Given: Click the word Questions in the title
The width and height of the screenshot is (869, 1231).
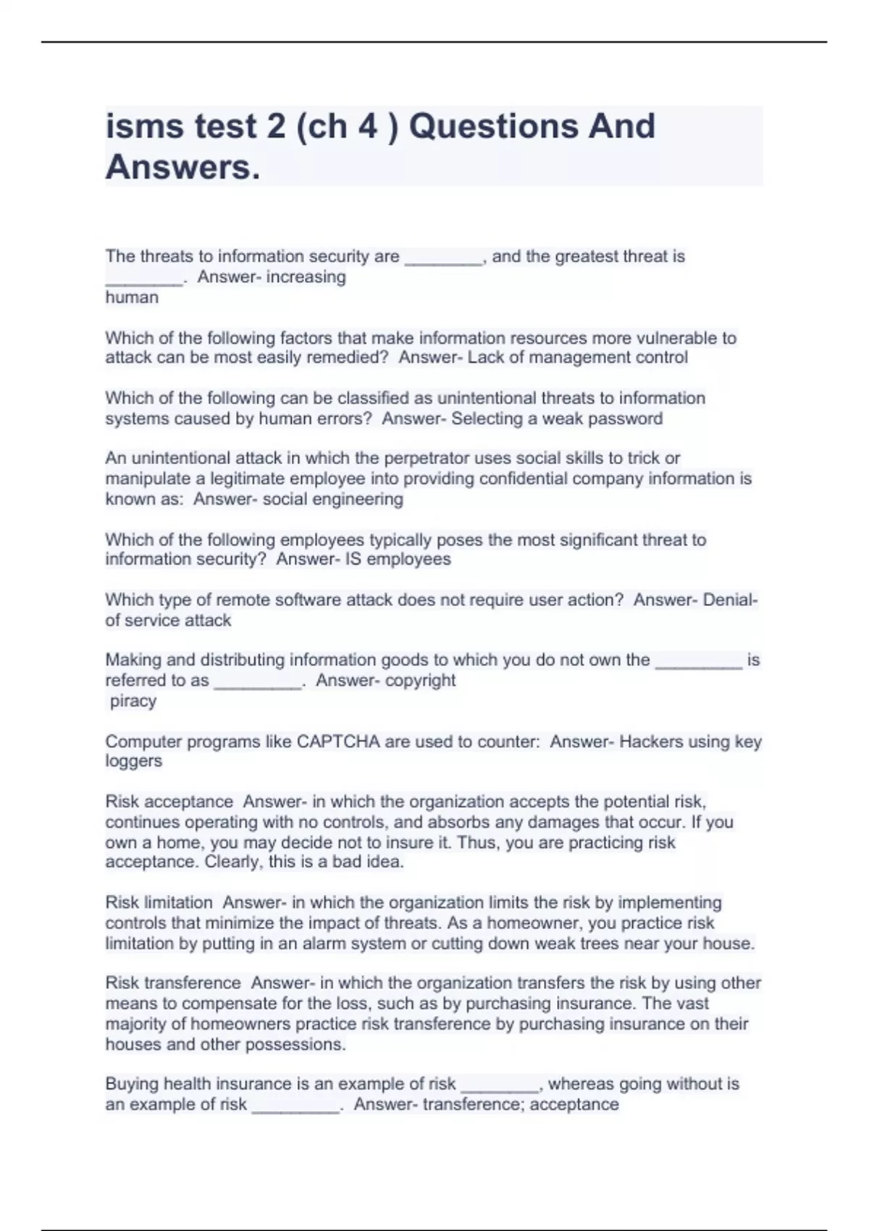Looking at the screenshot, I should point(492,126).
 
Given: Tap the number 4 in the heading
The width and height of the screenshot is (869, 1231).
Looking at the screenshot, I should point(367,126).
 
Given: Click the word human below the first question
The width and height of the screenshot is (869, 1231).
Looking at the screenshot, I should point(132,297).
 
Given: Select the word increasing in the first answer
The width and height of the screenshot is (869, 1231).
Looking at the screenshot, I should point(306,277).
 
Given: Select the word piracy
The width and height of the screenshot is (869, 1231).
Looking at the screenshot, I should point(133,700).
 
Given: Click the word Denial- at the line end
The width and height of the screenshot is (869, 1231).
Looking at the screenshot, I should point(731,600).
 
